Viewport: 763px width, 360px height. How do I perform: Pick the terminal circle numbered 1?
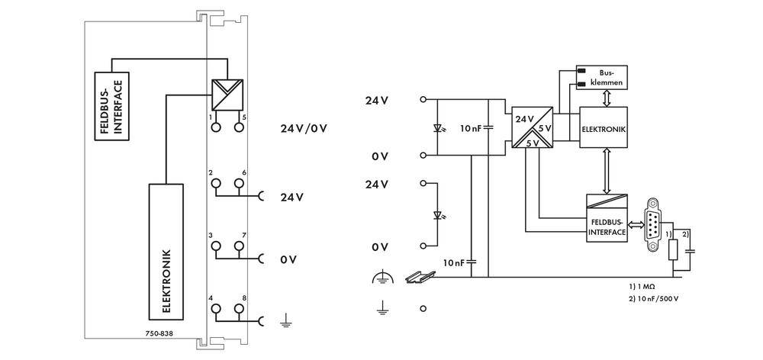[x=216, y=127]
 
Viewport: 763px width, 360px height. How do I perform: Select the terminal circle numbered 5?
[x=239, y=127]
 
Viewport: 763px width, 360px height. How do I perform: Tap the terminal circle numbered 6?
[x=239, y=183]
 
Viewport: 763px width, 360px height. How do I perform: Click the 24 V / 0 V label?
[x=304, y=127]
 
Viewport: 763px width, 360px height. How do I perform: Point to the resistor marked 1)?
[x=674, y=249]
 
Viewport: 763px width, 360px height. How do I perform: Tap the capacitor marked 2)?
[x=691, y=248]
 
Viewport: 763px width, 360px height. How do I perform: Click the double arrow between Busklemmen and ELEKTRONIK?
[x=605, y=98]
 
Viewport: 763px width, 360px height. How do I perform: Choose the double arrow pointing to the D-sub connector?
[x=636, y=225]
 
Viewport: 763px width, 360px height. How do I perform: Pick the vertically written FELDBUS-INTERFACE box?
[x=111, y=106]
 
